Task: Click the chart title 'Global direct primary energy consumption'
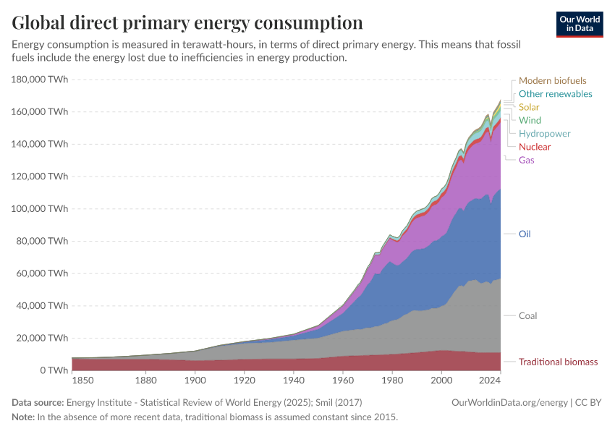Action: click(x=187, y=23)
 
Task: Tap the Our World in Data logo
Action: click(x=580, y=24)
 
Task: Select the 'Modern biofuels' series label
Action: click(x=553, y=81)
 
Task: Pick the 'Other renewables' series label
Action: click(x=556, y=94)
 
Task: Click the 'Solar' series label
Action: click(x=529, y=107)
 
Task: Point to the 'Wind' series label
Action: click(x=530, y=120)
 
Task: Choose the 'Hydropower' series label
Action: click(x=545, y=134)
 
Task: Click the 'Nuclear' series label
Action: click(x=535, y=147)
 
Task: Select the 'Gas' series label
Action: click(x=527, y=160)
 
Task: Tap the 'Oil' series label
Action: click(x=525, y=234)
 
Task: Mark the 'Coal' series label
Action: click(x=528, y=316)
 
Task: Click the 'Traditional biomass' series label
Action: click(x=559, y=362)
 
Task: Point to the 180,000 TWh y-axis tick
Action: click(x=41, y=80)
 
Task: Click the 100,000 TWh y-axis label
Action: click(x=41, y=209)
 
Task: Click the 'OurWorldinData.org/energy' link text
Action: click(x=509, y=402)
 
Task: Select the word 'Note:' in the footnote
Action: click(x=25, y=417)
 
